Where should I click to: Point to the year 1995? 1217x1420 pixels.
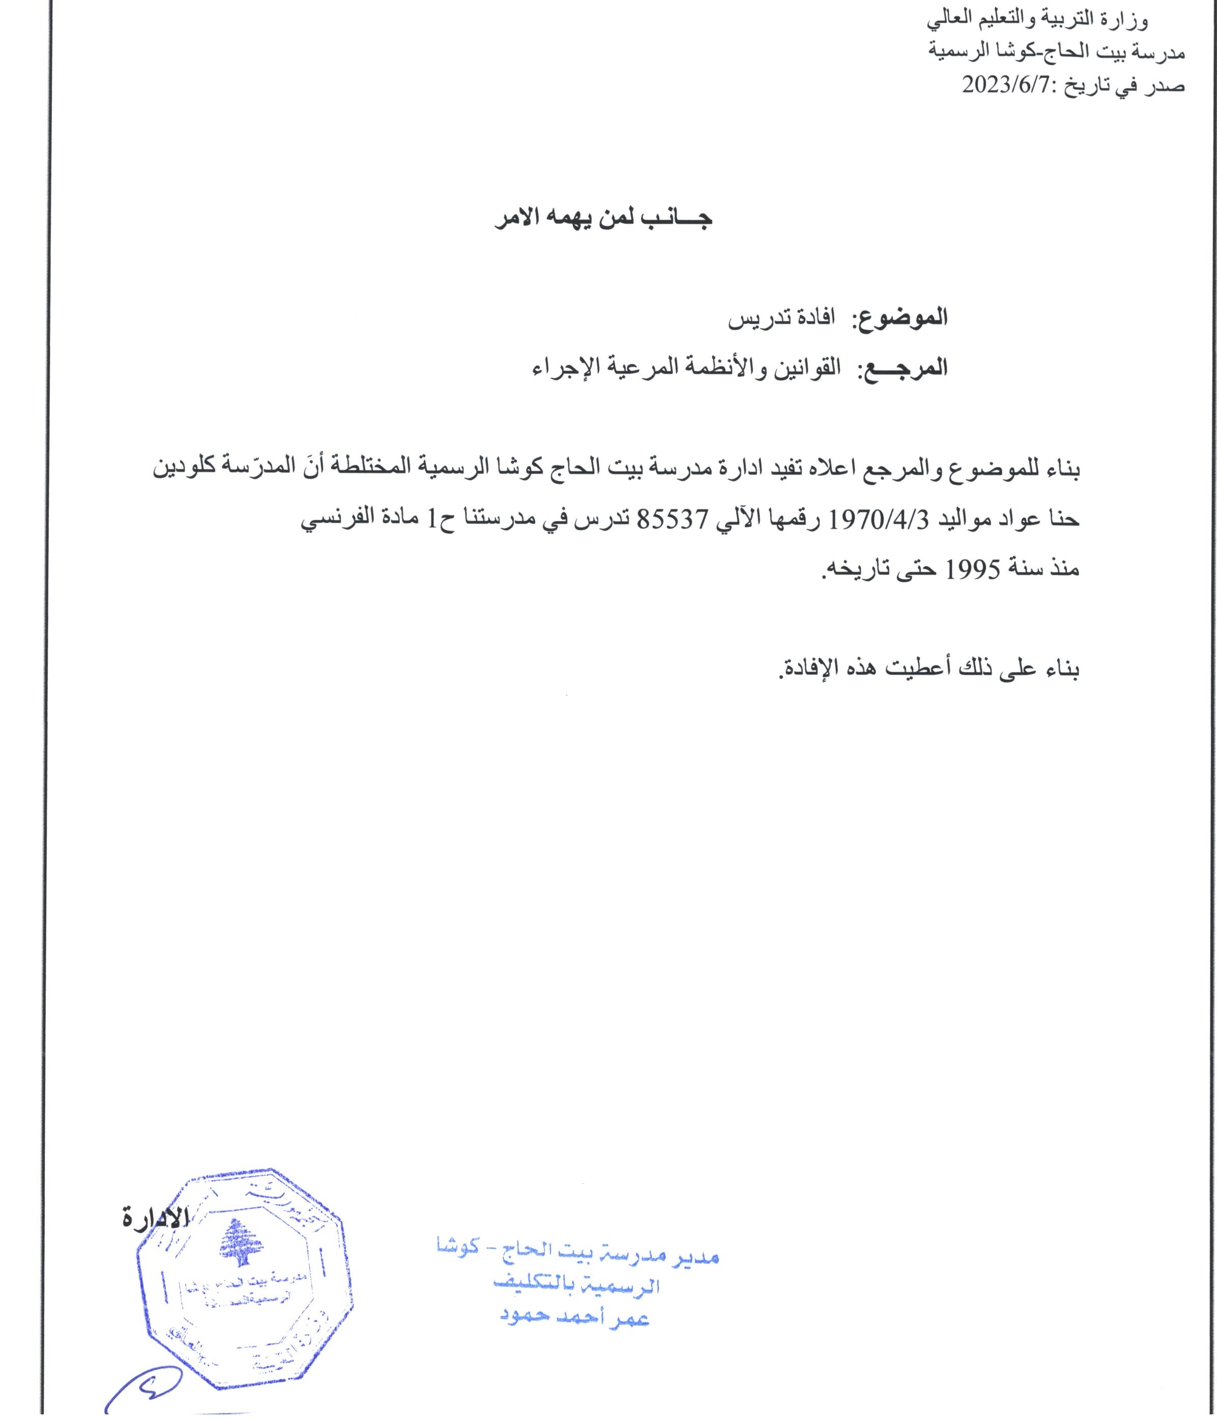(x=973, y=569)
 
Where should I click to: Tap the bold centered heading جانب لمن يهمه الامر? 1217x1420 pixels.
(x=603, y=219)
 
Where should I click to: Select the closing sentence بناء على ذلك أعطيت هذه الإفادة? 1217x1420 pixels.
(x=929, y=668)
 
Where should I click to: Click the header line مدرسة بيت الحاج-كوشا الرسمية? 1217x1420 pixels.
(x=1056, y=52)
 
